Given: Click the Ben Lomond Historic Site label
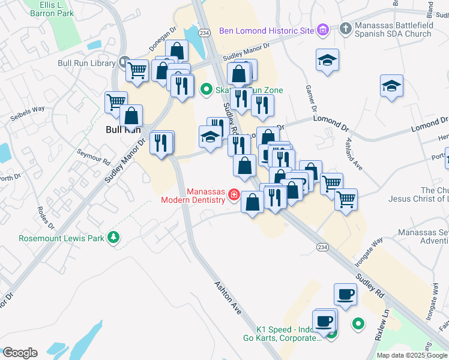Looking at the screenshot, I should pyautogui.click(x=267, y=30).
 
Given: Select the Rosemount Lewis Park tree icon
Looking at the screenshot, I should pyautogui.click(x=113, y=238).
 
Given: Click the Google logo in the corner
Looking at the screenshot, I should pyautogui.click(x=19, y=353).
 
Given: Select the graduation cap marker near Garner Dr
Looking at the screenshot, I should pyautogui.click(x=327, y=60).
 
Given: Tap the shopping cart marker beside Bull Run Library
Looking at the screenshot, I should pyautogui.click(x=137, y=70).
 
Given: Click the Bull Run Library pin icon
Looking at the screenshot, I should pyautogui.click(x=124, y=62).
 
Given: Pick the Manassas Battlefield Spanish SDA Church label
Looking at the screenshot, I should pyautogui.click(x=393, y=30).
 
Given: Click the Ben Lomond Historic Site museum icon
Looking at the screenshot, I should pyautogui.click(x=323, y=29).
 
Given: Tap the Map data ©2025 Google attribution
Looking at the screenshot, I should pyautogui.click(x=412, y=355).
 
